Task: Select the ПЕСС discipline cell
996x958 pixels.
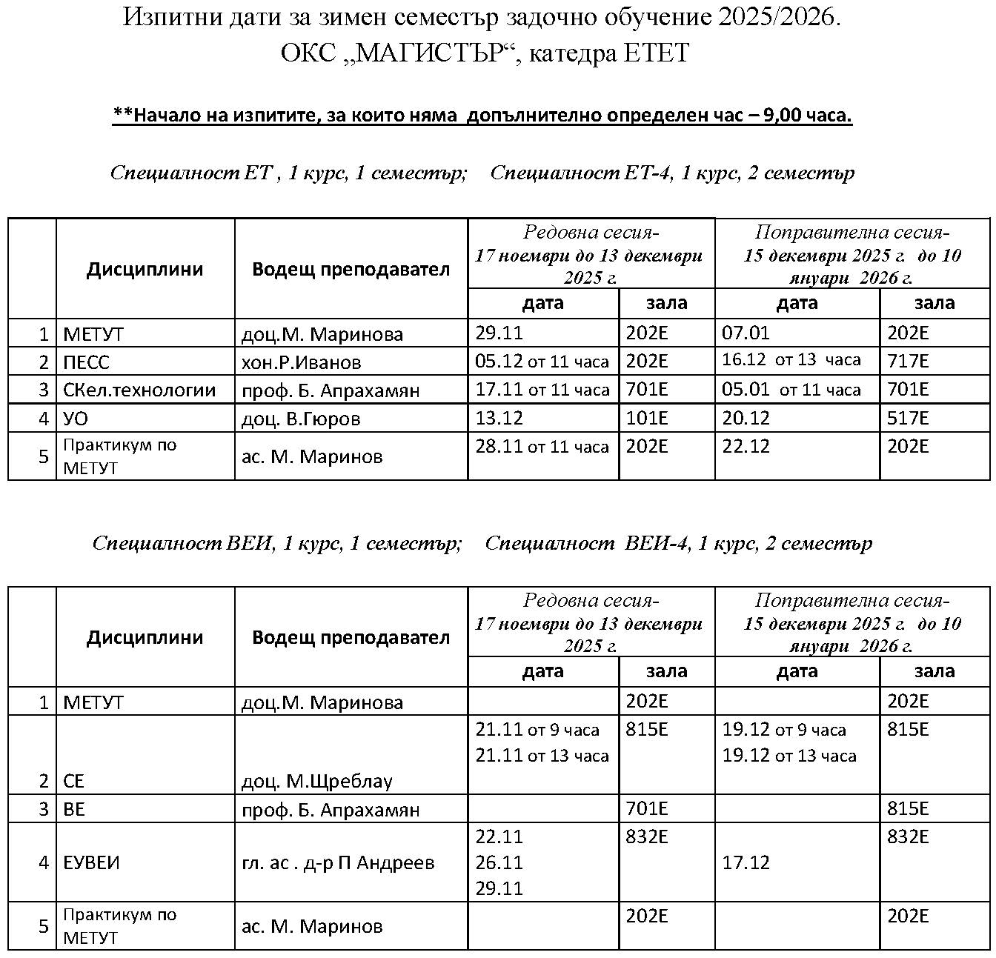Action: click(86, 362)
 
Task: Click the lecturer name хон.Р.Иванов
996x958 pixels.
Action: click(301, 362)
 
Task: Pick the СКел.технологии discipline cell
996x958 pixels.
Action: click(139, 390)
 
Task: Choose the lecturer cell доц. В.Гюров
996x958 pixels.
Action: click(301, 419)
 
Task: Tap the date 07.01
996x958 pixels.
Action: click(746, 333)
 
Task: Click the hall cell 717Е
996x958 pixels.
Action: click(908, 362)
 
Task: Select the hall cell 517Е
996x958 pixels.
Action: click(908, 419)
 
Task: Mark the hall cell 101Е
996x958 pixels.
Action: click(647, 419)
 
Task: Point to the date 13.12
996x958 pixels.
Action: click(499, 419)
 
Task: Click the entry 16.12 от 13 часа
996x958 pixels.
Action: click(791, 361)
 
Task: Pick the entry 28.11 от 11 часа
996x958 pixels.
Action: click(542, 447)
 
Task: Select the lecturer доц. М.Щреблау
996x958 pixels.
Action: click(316, 782)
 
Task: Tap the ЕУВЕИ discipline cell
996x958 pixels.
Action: click(91, 863)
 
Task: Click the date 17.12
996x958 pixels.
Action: click(746, 863)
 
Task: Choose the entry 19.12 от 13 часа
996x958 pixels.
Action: click(789, 756)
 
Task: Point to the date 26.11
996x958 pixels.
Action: click(499, 863)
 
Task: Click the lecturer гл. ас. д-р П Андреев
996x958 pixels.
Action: click(337, 863)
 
